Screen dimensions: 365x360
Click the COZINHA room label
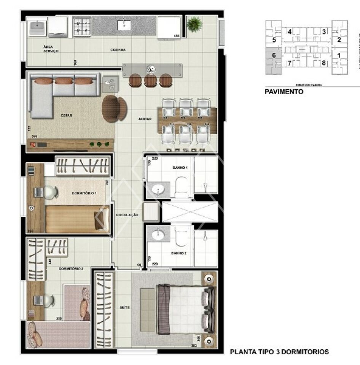point(118,50)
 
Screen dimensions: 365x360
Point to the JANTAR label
point(145,119)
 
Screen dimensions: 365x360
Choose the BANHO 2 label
point(178,252)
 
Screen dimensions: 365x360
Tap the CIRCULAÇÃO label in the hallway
point(127,215)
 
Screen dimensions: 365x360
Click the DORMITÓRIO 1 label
point(84,193)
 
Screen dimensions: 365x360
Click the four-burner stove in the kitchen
point(82,27)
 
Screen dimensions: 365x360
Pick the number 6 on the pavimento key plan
point(274,55)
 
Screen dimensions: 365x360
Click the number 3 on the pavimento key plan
point(324,32)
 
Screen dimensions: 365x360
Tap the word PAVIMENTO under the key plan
point(284,92)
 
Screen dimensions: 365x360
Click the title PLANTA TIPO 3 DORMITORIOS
point(279,352)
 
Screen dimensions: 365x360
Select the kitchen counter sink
point(124,25)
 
